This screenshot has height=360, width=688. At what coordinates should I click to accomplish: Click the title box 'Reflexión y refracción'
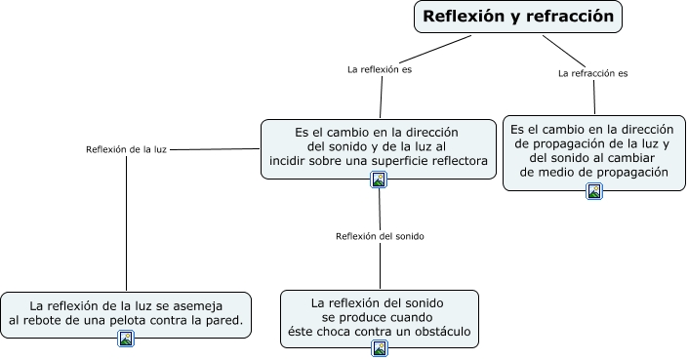coord(517,17)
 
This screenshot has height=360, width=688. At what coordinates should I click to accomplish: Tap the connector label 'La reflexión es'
coord(380,69)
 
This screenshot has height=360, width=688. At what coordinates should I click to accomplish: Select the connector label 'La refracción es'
coord(592,73)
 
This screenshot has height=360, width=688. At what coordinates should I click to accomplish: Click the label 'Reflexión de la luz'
coord(126,149)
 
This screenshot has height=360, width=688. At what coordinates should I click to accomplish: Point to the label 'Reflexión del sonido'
coord(380,236)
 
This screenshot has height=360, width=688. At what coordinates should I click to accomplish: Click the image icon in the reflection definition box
coord(379,179)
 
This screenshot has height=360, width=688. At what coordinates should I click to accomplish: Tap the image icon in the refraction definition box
coord(594,191)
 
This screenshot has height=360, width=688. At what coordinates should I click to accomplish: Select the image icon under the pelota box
coord(126,339)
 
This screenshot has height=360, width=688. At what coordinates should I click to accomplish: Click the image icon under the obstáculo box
coord(380,348)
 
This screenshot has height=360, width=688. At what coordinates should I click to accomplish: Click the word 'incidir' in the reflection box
coord(290,160)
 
